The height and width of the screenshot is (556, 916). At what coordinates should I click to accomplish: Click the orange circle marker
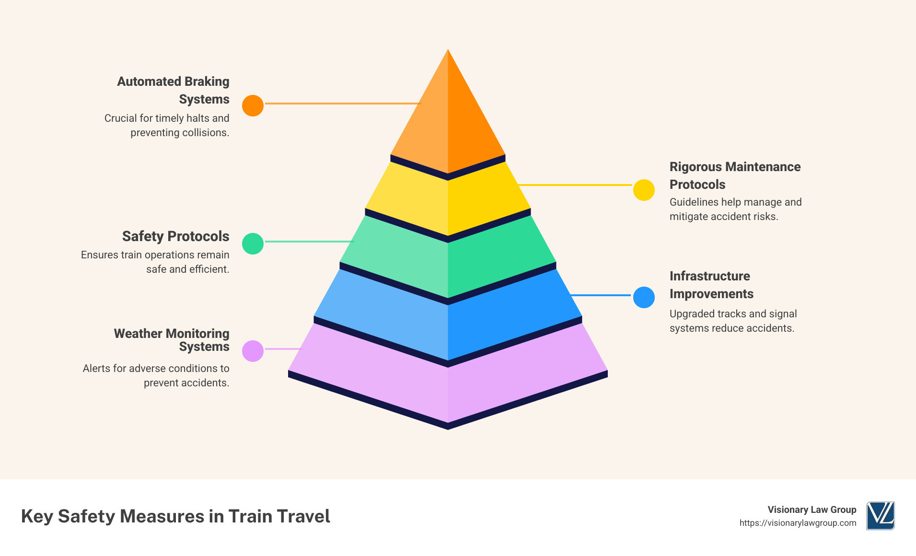pyautogui.click(x=253, y=105)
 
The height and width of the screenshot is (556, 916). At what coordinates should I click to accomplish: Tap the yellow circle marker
pyautogui.click(x=644, y=190)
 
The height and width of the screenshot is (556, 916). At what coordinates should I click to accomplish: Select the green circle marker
pyautogui.click(x=253, y=243)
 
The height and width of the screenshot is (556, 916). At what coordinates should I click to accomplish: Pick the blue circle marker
pyautogui.click(x=644, y=297)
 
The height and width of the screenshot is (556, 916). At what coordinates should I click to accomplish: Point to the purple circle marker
pyautogui.click(x=253, y=351)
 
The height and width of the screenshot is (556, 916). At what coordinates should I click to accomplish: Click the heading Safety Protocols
pyautogui.click(x=175, y=236)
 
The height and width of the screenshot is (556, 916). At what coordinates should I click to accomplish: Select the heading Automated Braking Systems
pyautogui.click(x=173, y=90)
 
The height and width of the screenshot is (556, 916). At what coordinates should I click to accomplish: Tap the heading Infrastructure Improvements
pyautogui.click(x=711, y=285)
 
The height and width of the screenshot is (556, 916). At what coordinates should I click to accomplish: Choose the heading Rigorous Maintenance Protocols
pyautogui.click(x=735, y=175)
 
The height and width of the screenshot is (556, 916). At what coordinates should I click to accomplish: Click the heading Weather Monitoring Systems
pyautogui.click(x=172, y=340)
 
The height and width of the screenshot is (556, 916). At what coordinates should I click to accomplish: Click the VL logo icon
pyautogui.click(x=880, y=516)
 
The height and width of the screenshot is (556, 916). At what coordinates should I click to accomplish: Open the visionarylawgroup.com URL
pyautogui.click(x=798, y=523)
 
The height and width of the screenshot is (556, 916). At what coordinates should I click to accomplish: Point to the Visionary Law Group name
pyautogui.click(x=812, y=510)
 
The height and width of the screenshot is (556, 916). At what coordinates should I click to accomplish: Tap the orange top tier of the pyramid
pyautogui.click(x=448, y=120)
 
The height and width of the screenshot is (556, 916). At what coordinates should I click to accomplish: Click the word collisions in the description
pyautogui.click(x=205, y=133)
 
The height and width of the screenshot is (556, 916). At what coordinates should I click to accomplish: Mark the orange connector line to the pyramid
pyautogui.click(x=342, y=103)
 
